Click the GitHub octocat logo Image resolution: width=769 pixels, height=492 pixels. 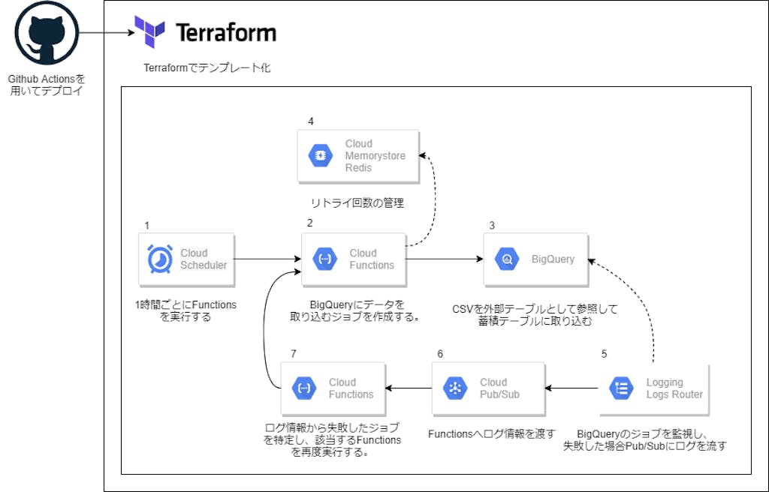[47, 33]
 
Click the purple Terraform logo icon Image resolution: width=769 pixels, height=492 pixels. [149, 31]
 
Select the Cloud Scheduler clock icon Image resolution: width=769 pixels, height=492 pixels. [160, 259]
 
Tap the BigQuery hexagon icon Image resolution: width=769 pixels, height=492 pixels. [507, 259]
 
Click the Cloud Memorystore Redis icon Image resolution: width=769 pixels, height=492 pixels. [321, 155]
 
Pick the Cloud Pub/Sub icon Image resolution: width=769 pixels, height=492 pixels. [455, 388]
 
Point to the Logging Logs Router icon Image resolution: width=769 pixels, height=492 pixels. [621, 388]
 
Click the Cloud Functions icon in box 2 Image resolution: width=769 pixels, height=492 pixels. [324, 259]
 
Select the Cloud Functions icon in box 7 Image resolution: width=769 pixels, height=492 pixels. [304, 388]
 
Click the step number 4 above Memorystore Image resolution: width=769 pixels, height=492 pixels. [311, 121]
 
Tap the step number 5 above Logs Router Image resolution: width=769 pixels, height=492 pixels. [605, 354]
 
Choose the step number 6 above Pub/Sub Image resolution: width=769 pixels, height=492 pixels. [440, 354]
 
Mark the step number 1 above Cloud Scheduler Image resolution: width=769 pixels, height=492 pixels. [147, 226]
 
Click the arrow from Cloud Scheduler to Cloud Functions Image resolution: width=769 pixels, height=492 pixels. [267, 259]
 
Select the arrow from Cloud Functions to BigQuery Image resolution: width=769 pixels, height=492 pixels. [445, 259]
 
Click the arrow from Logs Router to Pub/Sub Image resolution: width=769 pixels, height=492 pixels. [571, 388]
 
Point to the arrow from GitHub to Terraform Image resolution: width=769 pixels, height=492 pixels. [107, 33]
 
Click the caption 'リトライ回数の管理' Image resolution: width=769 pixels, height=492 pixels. [357, 202]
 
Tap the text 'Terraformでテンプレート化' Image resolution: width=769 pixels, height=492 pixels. [207, 67]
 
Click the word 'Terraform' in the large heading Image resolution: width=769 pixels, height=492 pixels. [225, 33]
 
